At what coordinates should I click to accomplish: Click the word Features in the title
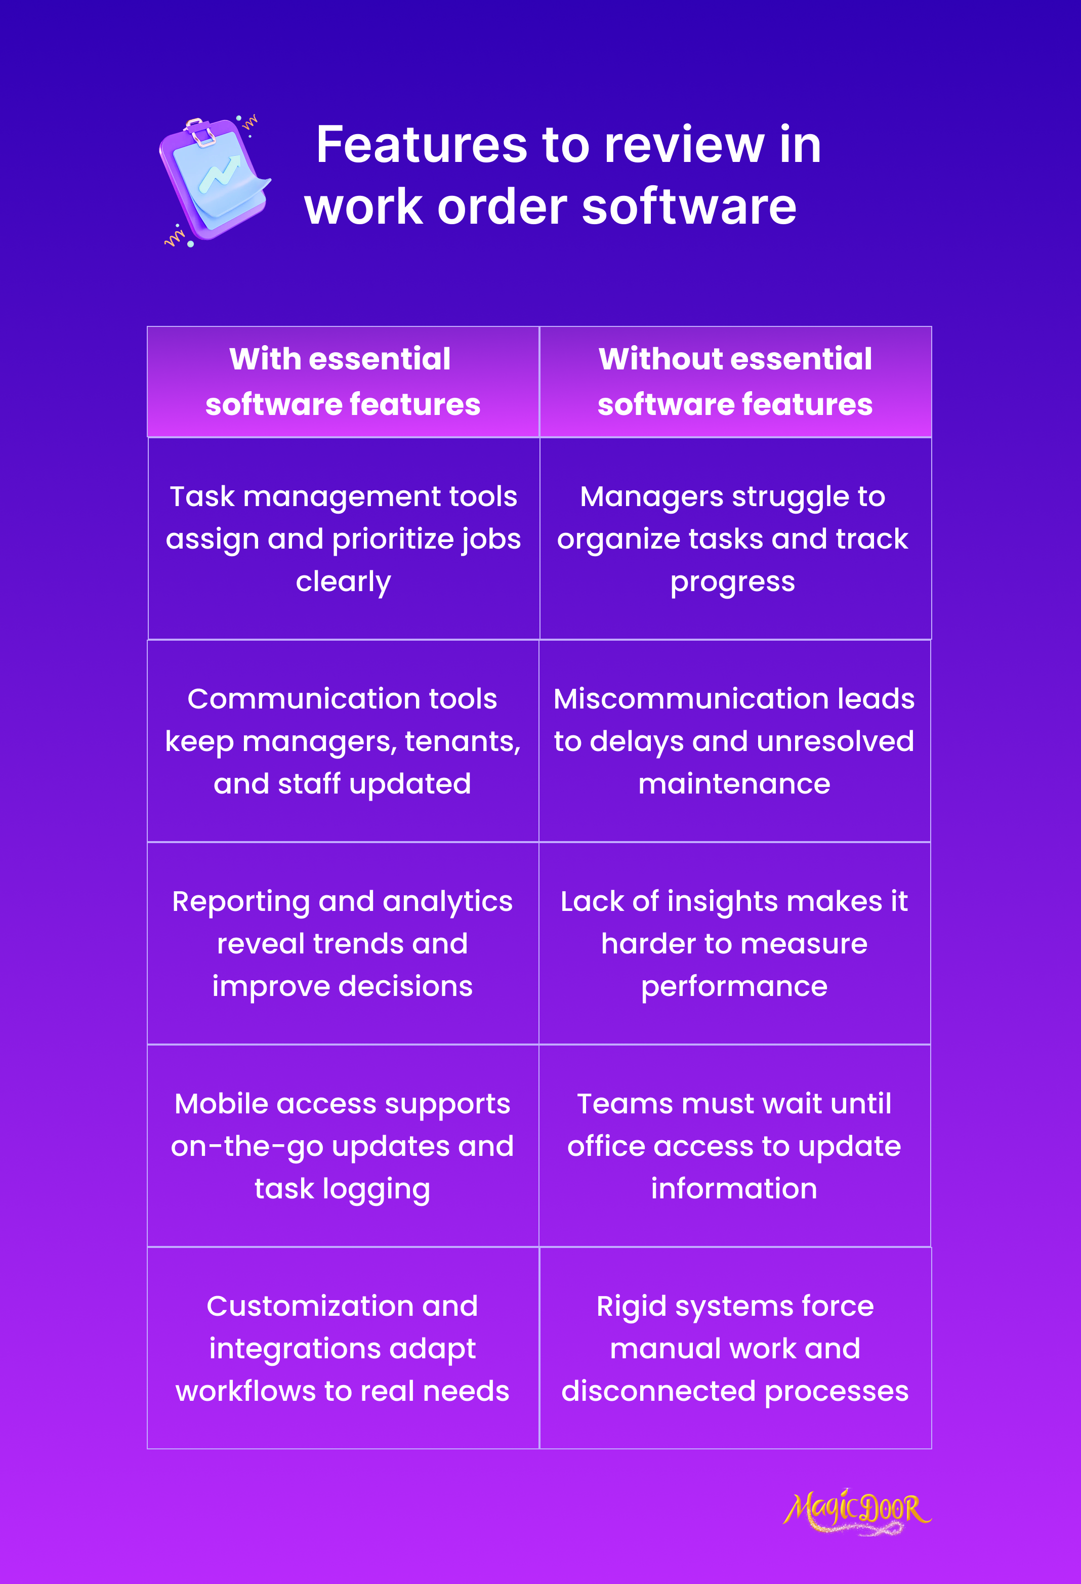coord(421,145)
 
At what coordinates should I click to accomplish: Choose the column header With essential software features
coord(343,382)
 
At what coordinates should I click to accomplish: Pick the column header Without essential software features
coord(735,382)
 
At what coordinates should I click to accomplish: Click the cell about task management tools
coord(343,538)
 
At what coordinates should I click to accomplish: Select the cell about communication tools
coord(343,741)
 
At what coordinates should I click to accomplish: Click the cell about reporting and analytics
coord(342,943)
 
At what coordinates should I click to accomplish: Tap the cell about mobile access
coord(342,1146)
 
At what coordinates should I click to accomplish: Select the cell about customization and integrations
coord(342,1348)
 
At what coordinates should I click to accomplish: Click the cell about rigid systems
coord(735,1348)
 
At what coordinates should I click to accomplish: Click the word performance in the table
coord(734,986)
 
